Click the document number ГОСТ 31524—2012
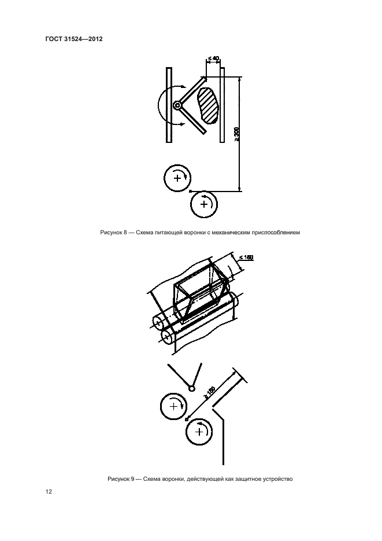(x=74, y=39)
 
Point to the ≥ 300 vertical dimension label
(x=236, y=134)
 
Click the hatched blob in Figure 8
(x=208, y=105)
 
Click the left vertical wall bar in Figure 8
(x=169, y=105)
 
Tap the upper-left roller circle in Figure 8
(x=177, y=178)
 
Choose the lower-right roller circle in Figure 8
(x=204, y=204)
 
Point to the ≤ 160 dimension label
(x=246, y=257)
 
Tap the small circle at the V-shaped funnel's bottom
(x=191, y=388)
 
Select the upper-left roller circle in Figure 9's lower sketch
(x=173, y=406)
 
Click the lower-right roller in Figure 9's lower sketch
(x=199, y=432)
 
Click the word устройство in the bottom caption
(x=279, y=479)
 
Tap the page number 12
(x=49, y=492)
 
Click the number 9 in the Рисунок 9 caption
(x=132, y=479)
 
